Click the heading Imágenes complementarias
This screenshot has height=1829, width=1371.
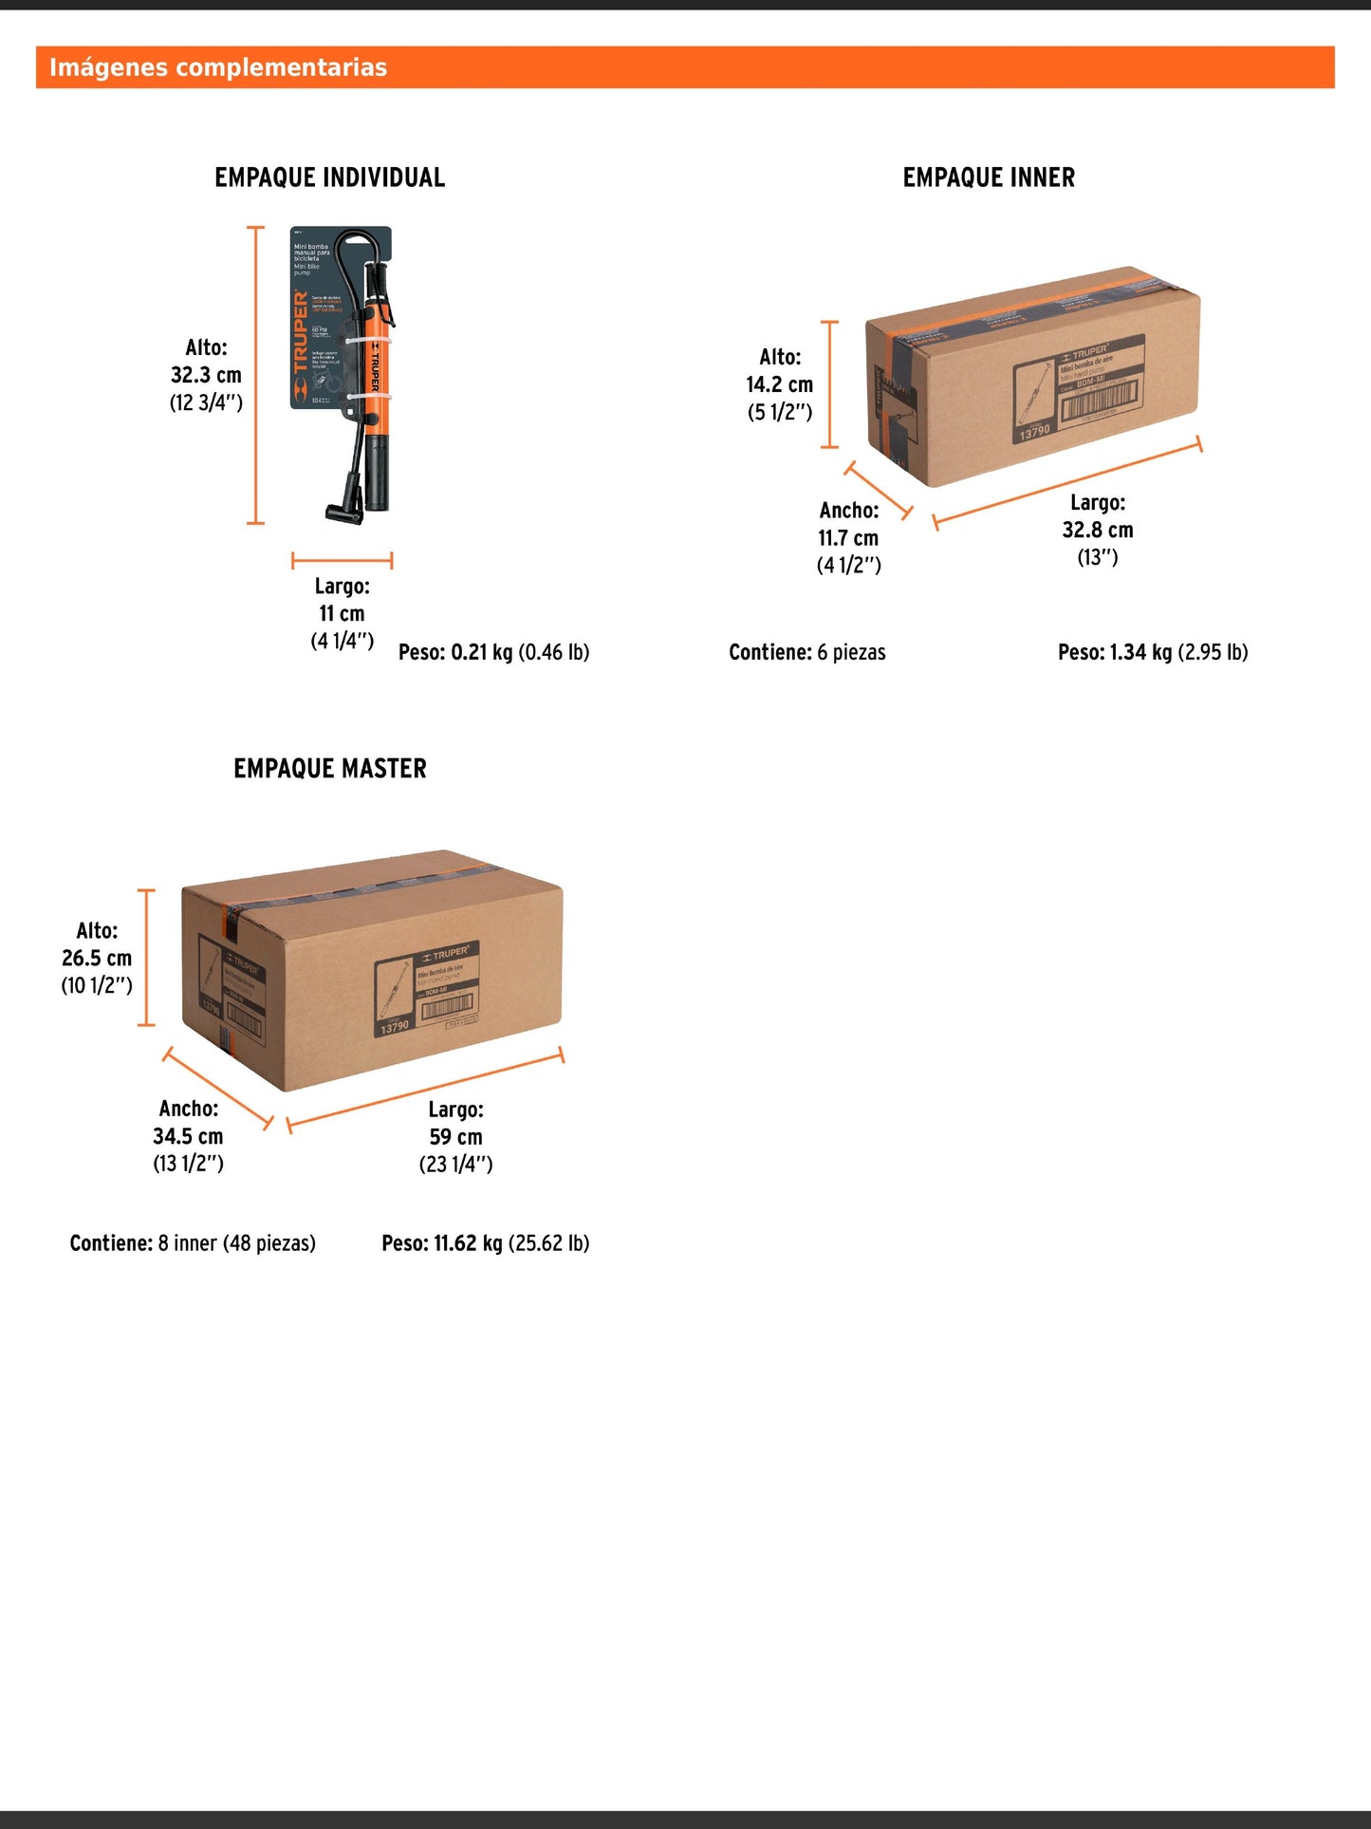click(218, 67)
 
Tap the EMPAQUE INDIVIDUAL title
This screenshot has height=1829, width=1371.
click(329, 177)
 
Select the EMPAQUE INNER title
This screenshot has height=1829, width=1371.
click(989, 177)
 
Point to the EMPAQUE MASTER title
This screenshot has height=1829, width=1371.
click(329, 768)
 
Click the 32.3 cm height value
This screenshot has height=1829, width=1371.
click(206, 375)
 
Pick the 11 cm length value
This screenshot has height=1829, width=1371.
click(342, 613)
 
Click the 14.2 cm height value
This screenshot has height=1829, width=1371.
click(779, 384)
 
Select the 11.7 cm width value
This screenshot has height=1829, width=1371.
click(848, 537)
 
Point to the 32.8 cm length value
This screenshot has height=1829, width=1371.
click(1098, 530)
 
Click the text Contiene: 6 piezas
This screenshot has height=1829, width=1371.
click(806, 652)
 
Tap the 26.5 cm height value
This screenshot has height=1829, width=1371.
click(97, 958)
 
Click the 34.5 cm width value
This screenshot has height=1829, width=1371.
click(188, 1136)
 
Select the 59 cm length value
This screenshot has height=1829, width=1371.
click(455, 1137)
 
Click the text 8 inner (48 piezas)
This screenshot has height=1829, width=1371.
click(236, 1243)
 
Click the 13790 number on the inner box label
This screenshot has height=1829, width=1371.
click(1034, 433)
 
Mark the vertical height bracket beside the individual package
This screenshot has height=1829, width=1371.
click(255, 375)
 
